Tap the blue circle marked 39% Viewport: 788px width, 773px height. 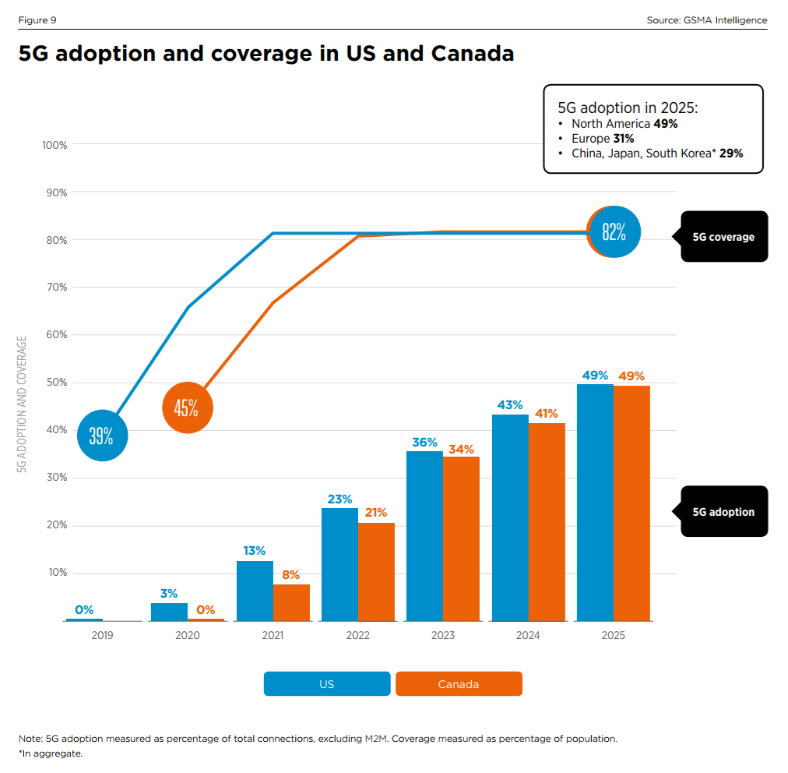[101, 436]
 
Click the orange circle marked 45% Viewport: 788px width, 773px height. [186, 408]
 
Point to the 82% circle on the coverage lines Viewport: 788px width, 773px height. [615, 231]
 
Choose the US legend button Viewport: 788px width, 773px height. [327, 683]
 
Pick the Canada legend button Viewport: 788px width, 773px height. [459, 683]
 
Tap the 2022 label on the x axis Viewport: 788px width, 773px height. [358, 635]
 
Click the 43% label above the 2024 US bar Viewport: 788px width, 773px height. [509, 404]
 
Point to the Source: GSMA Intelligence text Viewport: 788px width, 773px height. [706, 19]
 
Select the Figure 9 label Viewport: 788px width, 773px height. [37, 19]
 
